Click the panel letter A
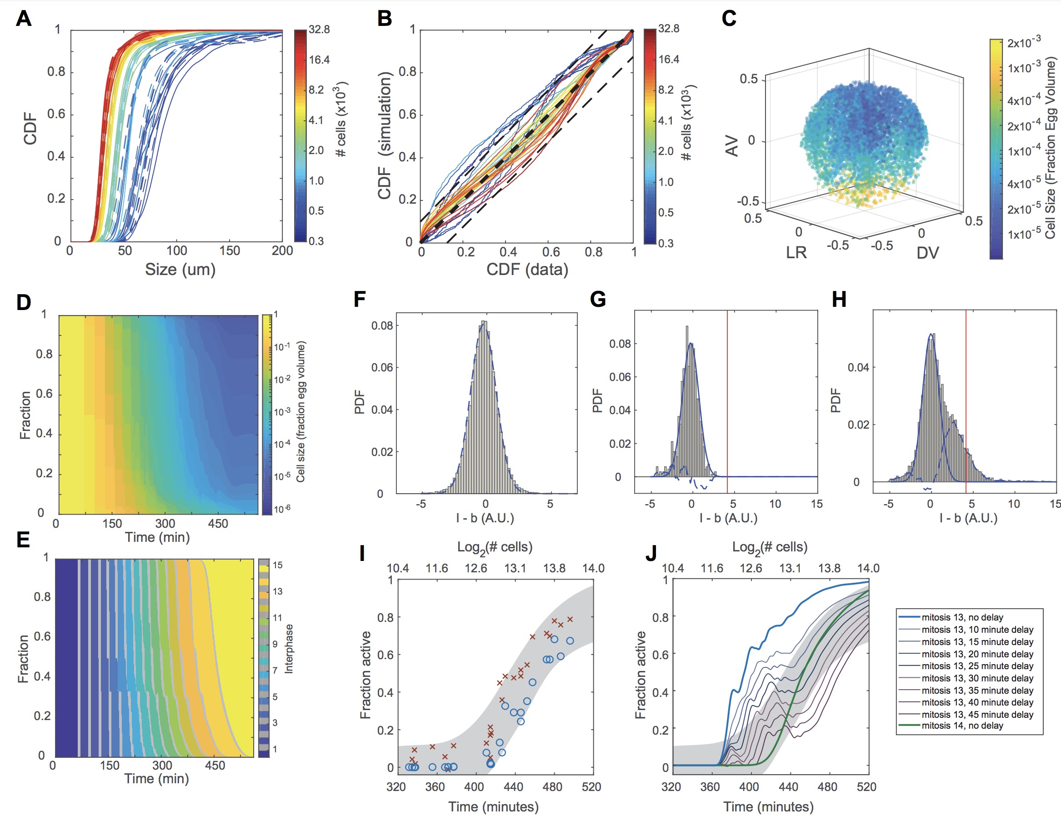(x=23, y=19)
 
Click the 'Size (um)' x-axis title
(x=180, y=269)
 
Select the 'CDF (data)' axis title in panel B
(x=527, y=269)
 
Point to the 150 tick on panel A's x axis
(x=229, y=250)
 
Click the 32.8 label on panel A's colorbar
(x=319, y=30)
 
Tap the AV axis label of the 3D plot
(x=731, y=146)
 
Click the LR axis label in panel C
(x=796, y=253)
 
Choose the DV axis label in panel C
(x=927, y=253)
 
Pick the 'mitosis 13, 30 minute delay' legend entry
(x=977, y=678)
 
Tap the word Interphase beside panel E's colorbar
(x=289, y=649)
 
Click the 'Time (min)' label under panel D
(x=157, y=537)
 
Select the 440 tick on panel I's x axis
(x=513, y=787)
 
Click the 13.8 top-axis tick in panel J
(x=829, y=568)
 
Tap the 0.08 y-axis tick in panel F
(x=382, y=325)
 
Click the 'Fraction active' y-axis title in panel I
(x=365, y=675)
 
